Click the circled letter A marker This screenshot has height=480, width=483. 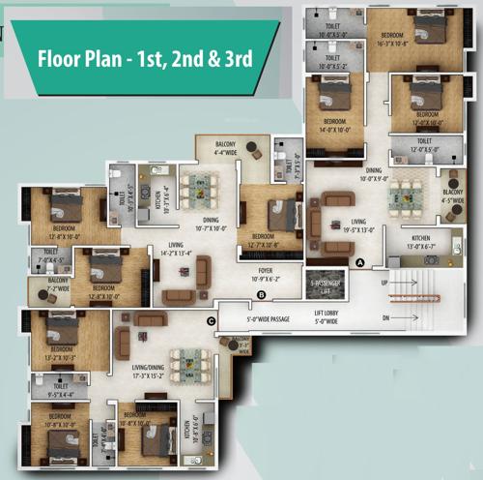[x=360, y=262]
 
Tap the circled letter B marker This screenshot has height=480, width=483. [x=261, y=294]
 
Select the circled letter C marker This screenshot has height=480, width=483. [x=211, y=320]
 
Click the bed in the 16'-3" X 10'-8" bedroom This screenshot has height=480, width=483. [x=429, y=30]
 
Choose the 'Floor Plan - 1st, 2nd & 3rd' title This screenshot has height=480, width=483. [x=145, y=58]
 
